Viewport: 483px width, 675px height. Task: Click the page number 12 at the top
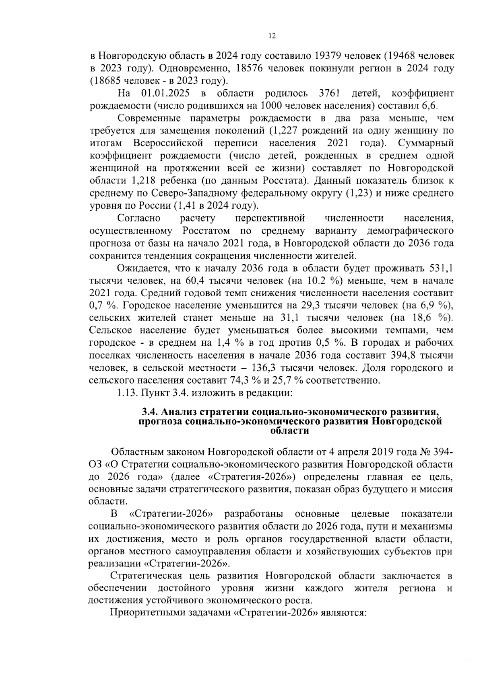click(272, 36)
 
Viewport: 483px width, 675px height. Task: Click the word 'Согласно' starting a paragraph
click(139, 219)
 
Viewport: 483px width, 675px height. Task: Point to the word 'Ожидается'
click(140, 269)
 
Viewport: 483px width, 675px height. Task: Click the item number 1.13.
click(128, 393)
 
